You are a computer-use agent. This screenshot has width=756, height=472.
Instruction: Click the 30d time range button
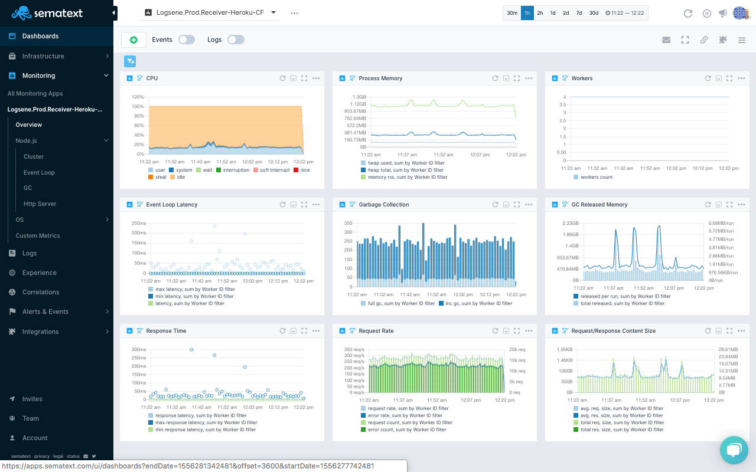594,13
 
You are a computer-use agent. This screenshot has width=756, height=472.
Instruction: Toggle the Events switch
187,40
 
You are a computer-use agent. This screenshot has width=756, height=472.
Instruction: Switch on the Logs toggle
236,40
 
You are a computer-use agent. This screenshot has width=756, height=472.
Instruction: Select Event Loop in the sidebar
39,172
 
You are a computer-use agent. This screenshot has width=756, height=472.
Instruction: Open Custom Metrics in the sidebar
38,235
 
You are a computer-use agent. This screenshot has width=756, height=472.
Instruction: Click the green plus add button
133,40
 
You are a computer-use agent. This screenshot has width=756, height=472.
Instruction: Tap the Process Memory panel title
380,78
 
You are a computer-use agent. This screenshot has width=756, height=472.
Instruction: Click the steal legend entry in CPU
157,178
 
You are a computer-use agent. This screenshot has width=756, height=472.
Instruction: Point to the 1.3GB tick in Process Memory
359,97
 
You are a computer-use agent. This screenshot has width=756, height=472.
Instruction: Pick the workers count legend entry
593,178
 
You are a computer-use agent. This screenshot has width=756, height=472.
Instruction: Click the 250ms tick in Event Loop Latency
139,223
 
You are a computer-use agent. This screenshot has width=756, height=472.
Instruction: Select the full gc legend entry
397,303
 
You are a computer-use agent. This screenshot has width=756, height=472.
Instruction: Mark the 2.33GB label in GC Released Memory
571,223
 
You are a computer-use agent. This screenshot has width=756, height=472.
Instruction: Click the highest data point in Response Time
191,350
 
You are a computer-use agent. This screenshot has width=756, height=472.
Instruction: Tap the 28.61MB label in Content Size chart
728,350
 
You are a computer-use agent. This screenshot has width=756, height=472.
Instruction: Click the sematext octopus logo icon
21,13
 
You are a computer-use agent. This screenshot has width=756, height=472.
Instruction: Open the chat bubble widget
734,450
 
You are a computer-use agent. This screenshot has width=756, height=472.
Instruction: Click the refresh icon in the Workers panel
708,78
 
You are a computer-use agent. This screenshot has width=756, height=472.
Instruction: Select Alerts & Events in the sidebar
45,312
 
